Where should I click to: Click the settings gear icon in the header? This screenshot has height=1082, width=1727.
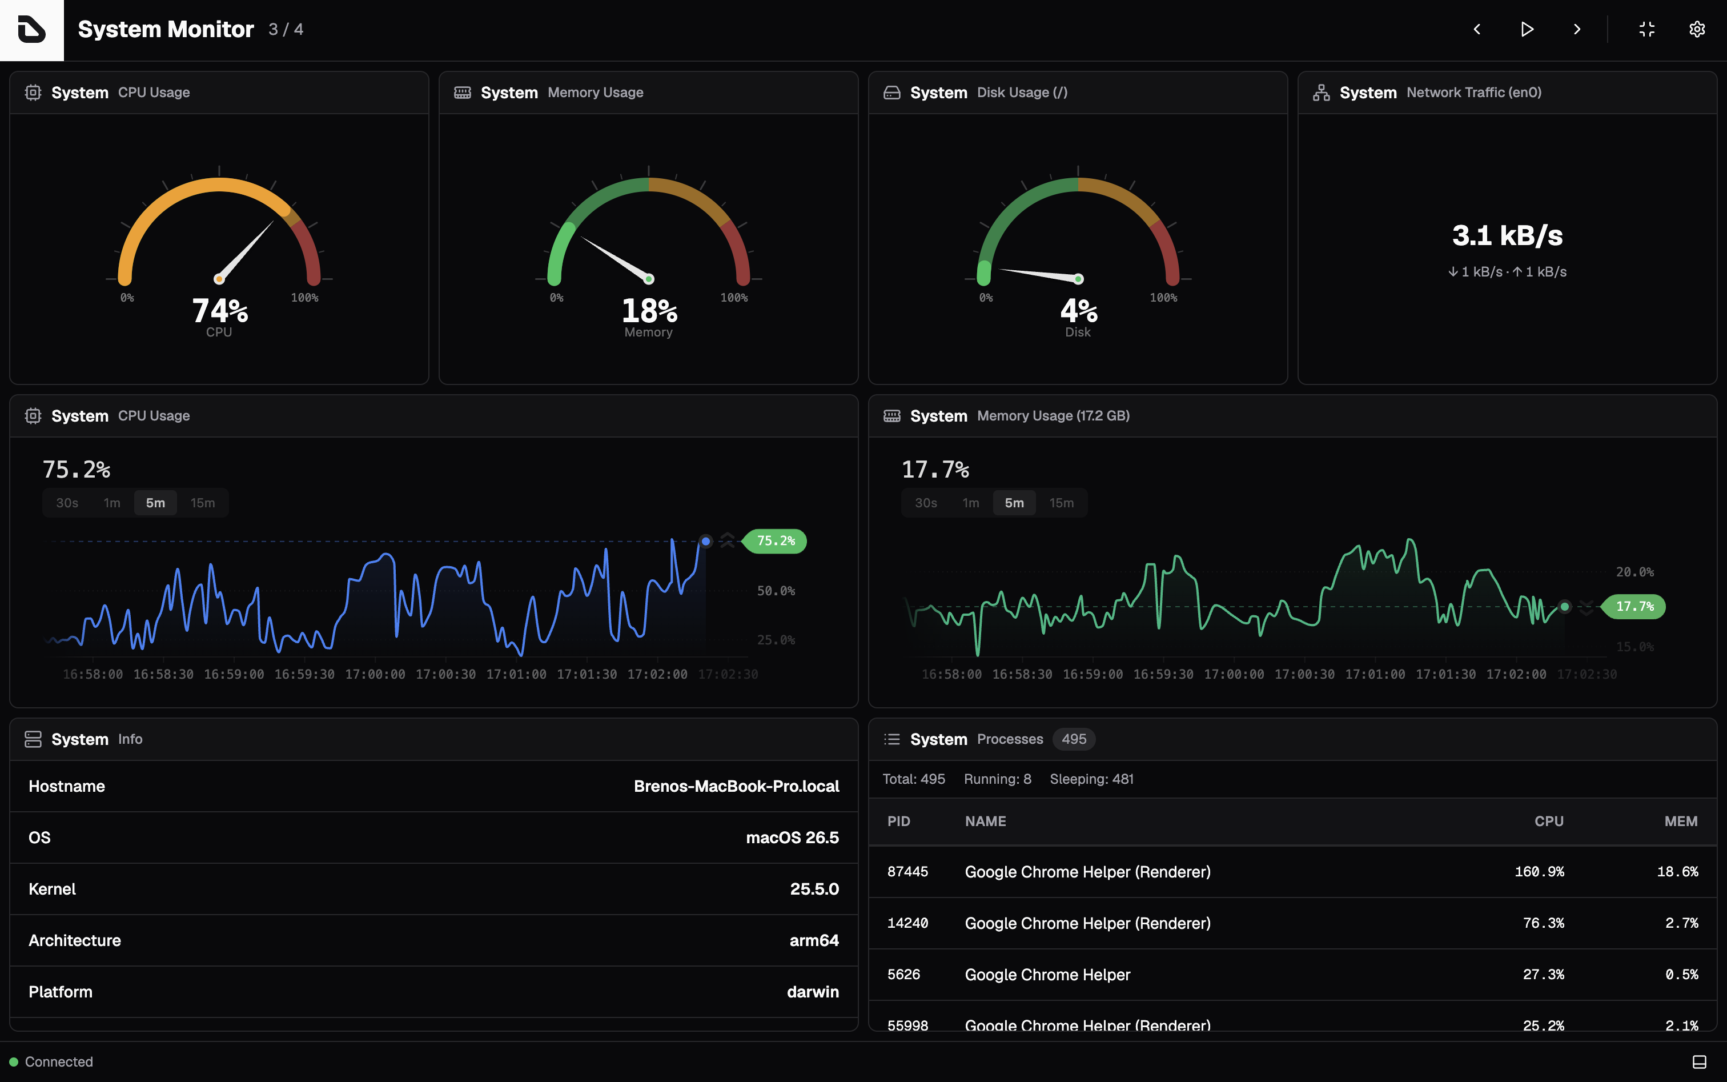click(x=1697, y=29)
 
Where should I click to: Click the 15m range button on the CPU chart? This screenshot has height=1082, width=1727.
click(x=203, y=503)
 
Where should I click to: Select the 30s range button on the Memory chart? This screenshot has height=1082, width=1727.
click(x=926, y=503)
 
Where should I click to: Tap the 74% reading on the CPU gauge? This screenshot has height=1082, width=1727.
click(x=220, y=311)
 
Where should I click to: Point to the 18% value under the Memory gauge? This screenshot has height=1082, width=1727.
click(x=649, y=311)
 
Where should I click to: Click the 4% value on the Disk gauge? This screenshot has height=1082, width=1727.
click(x=1078, y=311)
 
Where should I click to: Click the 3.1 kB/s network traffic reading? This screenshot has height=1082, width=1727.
click(x=1507, y=235)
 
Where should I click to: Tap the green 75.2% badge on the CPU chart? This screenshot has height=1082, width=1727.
click(x=776, y=541)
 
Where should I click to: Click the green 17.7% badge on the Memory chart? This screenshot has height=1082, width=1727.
click(x=1634, y=607)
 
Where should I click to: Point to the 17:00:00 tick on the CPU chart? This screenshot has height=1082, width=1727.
click(x=375, y=674)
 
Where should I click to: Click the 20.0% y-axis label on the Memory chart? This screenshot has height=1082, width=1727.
click(x=1634, y=572)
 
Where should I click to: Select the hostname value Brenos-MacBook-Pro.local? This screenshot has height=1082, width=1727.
click(x=736, y=787)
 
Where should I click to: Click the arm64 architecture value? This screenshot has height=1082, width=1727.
click(x=814, y=940)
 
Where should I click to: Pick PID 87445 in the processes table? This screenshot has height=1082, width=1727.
click(x=907, y=872)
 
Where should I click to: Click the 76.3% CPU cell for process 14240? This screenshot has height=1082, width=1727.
click(x=1543, y=923)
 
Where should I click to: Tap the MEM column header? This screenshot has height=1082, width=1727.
click(x=1681, y=821)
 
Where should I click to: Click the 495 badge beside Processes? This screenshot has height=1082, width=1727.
click(x=1074, y=739)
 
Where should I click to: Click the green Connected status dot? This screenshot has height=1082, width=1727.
click(x=14, y=1062)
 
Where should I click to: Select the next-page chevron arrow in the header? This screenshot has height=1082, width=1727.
click(x=1577, y=29)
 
